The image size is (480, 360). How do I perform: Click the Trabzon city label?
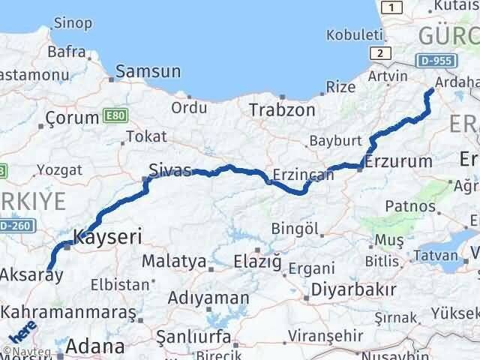click(x=282, y=110)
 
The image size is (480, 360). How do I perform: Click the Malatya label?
click(x=173, y=262)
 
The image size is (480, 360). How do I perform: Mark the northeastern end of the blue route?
click(x=430, y=91)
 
